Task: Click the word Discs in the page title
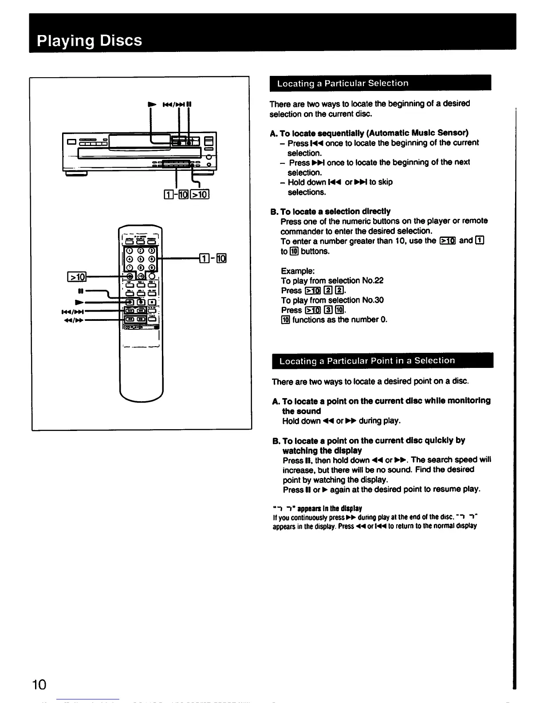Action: click(x=121, y=40)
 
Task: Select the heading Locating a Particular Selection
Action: click(x=342, y=83)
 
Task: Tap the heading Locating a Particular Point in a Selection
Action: click(x=367, y=360)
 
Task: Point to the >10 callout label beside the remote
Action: click(x=76, y=277)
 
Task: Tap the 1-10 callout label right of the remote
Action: click(x=214, y=258)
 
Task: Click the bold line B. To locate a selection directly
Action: click(x=331, y=211)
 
